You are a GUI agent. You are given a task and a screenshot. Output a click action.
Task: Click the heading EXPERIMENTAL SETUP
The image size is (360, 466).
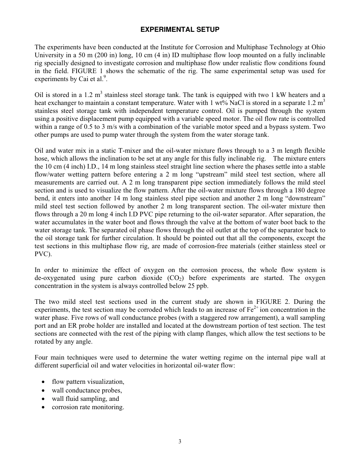(x=180, y=29)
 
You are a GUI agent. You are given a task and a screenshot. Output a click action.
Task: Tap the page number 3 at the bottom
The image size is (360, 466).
(x=180, y=441)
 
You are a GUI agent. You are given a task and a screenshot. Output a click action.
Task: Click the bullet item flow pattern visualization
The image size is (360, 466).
(x=88, y=382)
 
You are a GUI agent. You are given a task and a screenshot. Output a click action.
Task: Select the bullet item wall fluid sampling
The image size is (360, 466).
(x=85, y=399)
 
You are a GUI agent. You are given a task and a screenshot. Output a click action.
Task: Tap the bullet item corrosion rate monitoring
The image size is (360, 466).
(x=88, y=407)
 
